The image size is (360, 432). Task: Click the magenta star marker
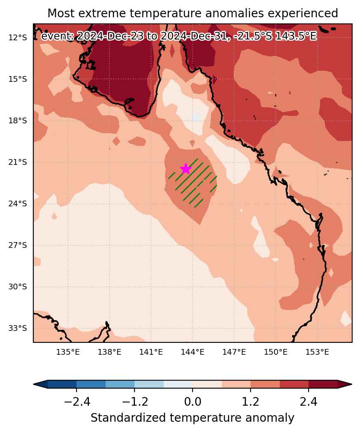click(x=186, y=169)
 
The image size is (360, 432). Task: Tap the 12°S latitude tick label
click(x=18, y=37)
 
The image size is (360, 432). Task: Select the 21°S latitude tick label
click(x=18, y=162)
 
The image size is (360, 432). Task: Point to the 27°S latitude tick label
click(x=18, y=245)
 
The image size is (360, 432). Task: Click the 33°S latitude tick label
click(x=18, y=328)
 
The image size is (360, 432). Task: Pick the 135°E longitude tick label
click(x=68, y=352)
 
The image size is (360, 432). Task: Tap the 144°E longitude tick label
click(x=193, y=352)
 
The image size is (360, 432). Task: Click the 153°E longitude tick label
click(x=317, y=352)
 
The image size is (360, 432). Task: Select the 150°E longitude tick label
click(x=276, y=352)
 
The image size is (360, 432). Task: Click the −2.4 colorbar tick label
click(x=77, y=402)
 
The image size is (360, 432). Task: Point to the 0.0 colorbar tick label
click(x=193, y=402)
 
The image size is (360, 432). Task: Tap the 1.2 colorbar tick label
click(x=251, y=402)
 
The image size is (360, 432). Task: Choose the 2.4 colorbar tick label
click(x=309, y=402)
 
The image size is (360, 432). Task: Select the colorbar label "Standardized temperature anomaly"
click(x=192, y=418)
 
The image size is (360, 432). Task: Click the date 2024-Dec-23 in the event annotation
click(x=110, y=36)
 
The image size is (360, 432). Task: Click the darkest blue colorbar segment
click(x=62, y=384)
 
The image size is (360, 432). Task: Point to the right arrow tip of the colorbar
click(x=352, y=384)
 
